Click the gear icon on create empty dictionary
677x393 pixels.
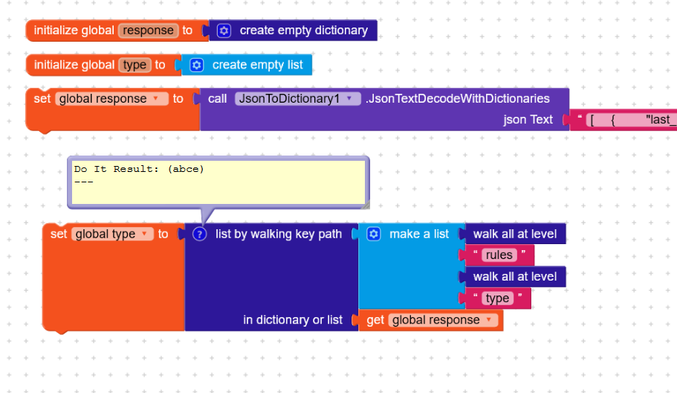click(224, 31)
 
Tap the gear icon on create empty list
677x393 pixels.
click(196, 65)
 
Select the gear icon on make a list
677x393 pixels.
click(374, 234)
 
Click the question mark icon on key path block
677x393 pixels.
click(199, 234)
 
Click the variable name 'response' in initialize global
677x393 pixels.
click(148, 31)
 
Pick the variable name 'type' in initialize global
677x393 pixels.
click(135, 65)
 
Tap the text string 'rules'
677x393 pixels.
click(499, 255)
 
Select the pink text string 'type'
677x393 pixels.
click(497, 298)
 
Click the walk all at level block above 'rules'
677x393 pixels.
click(515, 234)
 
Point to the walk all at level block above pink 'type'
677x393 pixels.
click(515, 277)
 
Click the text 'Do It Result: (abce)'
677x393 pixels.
click(138, 169)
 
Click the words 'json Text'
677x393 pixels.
click(528, 120)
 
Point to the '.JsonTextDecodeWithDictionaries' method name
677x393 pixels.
click(458, 98)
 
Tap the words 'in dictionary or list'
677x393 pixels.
click(293, 320)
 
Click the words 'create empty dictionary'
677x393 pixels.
click(304, 31)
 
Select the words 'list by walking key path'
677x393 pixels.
click(279, 234)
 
